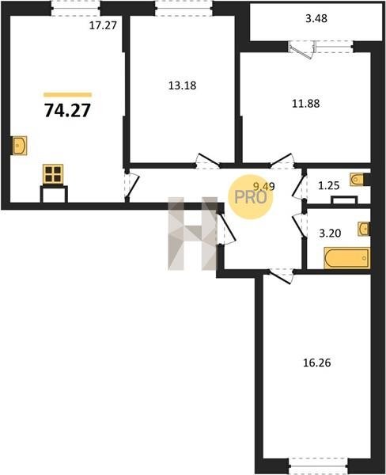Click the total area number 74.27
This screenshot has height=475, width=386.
(x=67, y=110)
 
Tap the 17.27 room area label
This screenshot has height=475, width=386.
(x=103, y=25)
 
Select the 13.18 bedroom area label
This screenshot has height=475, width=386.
(x=182, y=85)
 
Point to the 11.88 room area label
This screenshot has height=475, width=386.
(x=306, y=104)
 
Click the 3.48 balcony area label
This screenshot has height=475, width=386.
(x=316, y=18)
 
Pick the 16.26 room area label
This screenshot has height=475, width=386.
(x=317, y=363)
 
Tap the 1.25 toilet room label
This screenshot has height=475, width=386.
(x=329, y=185)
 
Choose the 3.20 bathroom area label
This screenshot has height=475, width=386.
(x=331, y=234)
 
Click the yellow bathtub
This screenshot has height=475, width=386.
(x=347, y=258)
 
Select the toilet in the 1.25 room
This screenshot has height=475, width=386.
(x=357, y=179)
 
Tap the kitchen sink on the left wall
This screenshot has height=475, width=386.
(x=20, y=146)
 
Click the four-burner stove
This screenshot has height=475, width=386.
(x=53, y=174)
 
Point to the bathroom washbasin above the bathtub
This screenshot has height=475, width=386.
(x=364, y=229)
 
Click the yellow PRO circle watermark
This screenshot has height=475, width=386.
(x=251, y=197)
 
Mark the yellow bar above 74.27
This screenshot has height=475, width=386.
(x=67, y=95)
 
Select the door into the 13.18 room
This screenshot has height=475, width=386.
(x=207, y=161)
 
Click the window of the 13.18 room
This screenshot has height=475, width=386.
(x=184, y=8)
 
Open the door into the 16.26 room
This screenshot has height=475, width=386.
(x=282, y=276)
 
